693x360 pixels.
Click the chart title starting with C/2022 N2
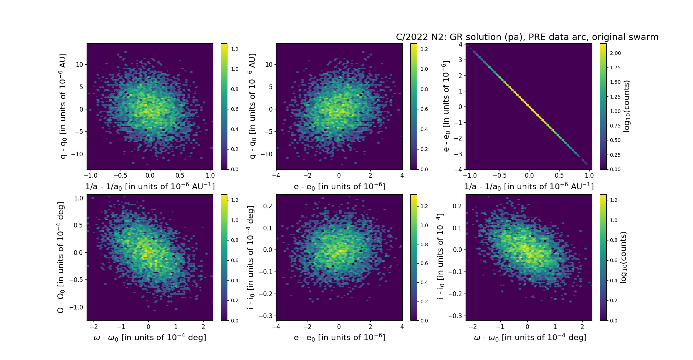click(x=527, y=37)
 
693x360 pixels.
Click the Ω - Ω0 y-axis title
click(x=61, y=257)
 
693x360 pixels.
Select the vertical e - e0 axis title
click(x=446, y=106)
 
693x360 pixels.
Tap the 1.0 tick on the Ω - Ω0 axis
click(x=79, y=198)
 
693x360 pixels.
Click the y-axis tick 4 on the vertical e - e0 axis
click(x=460, y=44)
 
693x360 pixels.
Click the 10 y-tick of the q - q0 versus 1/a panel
click(x=79, y=65)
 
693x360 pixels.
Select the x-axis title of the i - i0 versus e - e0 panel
click(x=339, y=338)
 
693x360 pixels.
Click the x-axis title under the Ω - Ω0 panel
click(x=150, y=338)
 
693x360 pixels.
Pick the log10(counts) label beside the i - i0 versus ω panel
click(x=623, y=257)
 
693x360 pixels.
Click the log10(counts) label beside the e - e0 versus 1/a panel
click(x=627, y=106)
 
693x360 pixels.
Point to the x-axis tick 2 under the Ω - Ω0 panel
click(x=203, y=327)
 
